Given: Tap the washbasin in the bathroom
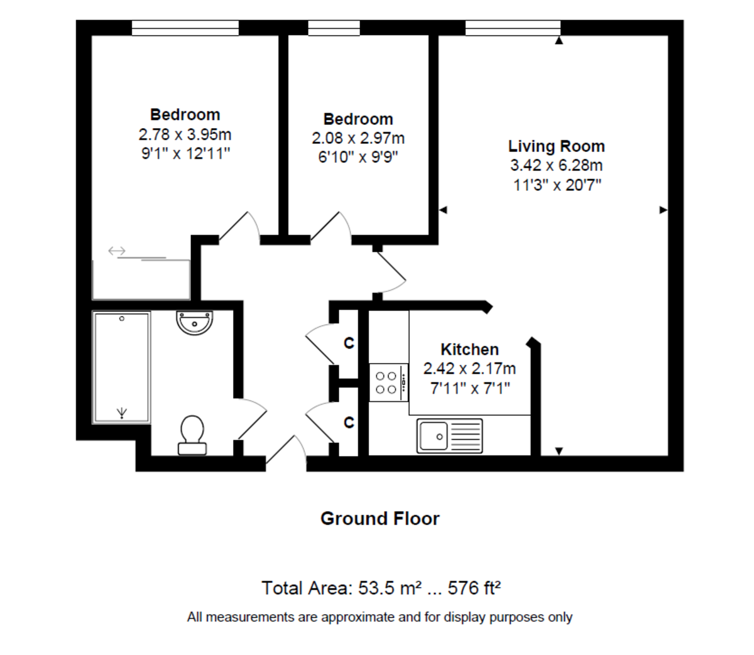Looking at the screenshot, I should pos(195,323).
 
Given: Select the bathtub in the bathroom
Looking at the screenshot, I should pos(122,367).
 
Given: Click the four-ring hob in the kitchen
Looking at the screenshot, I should pos(388,382).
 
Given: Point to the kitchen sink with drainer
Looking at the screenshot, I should pos(449,436).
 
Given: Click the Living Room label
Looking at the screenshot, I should pos(556,146).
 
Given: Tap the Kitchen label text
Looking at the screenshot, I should pos(469,349).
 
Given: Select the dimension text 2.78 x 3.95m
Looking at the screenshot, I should pos(185,134).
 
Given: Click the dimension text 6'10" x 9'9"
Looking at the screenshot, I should pos(358,157).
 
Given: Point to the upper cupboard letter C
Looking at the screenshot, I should pos(349,343).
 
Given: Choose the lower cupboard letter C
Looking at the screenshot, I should pos(349,423).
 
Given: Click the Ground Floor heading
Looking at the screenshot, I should pos(380,519).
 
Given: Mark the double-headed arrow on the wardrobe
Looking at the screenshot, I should pos(117,251).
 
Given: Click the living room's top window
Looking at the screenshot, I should pos(513,28).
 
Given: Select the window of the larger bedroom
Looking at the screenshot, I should pos(185,28).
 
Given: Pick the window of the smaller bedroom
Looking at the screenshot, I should pos(334,28).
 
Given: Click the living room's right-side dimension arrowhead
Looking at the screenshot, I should pos(663,210).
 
